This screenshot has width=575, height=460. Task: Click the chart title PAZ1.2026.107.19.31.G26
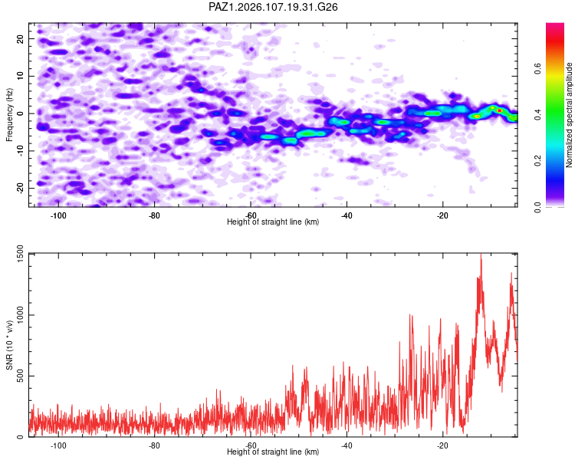tap(273, 7)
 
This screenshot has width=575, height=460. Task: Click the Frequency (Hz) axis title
tap(9, 115)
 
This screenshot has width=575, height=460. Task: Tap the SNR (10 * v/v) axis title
tap(9, 345)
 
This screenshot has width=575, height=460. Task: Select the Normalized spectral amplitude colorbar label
tap(569, 115)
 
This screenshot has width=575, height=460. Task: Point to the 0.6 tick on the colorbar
tap(538, 68)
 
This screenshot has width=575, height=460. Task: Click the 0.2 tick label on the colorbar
tap(538, 160)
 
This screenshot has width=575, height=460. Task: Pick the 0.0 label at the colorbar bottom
tap(538, 207)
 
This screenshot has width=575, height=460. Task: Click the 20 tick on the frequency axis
tap(21, 38)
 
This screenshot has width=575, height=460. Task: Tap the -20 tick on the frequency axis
tap(21, 188)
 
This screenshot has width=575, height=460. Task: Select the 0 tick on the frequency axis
tap(21, 113)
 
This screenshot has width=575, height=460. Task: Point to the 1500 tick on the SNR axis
tap(21, 253)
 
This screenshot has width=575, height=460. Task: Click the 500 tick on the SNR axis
tap(21, 376)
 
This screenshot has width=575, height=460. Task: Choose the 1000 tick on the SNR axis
tap(21, 315)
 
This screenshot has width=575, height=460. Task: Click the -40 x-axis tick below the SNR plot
tap(347, 445)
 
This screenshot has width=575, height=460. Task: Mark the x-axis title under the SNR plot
tap(273, 452)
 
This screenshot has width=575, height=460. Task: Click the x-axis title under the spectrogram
tap(273, 222)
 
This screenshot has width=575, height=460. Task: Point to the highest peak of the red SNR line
tap(481, 254)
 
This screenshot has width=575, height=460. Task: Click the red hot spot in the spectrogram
tap(499, 110)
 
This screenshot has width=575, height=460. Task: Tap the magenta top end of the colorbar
tap(555, 25)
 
